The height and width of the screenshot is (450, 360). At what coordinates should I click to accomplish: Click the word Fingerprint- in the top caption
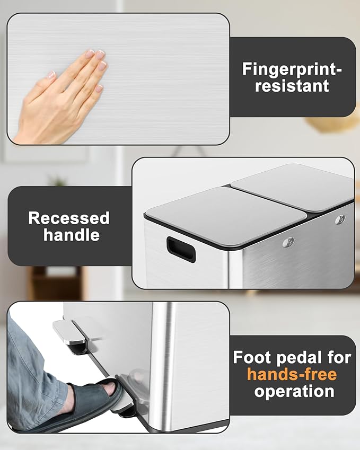coord(292,69)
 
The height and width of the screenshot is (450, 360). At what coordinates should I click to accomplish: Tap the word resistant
coord(292,85)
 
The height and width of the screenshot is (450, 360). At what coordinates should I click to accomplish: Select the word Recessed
coord(69,218)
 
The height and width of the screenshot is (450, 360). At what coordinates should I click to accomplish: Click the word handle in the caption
coord(72,235)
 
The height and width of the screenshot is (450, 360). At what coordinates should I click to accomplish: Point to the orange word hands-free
coord(292,375)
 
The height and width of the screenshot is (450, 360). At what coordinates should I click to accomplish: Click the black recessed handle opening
coord(181,249)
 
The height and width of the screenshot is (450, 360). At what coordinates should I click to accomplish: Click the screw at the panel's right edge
coord(340,219)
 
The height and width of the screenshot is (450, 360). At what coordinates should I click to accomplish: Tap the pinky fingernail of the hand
coord(99,88)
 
